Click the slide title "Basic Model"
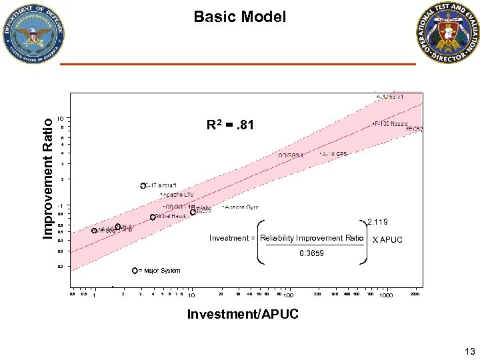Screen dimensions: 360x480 tap(239, 17)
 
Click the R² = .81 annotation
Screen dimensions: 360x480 tap(230, 125)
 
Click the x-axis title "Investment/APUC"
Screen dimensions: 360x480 tap(243, 314)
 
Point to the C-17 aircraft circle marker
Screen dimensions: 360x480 tap(143, 185)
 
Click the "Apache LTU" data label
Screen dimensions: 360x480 tap(179, 195)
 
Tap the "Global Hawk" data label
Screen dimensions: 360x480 tap(172, 217)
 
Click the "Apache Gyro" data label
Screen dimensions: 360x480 tap(241, 207)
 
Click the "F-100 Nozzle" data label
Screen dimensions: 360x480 tap(388, 124)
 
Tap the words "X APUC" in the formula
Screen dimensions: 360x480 tap(387, 239)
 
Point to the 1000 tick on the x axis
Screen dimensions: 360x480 tap(385, 295)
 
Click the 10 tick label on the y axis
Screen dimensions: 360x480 tap(60, 119)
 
